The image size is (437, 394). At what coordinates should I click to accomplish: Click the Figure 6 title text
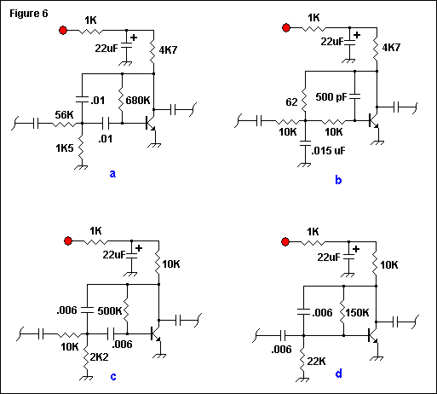[x=29, y=14]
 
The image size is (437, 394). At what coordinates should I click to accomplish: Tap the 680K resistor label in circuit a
[x=138, y=101]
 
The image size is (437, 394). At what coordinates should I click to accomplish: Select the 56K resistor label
[x=64, y=115]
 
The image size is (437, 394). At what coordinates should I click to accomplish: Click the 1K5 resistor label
[x=65, y=148]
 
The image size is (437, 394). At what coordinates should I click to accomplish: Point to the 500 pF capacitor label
[x=331, y=97]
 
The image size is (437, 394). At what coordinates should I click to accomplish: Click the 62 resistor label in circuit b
[x=291, y=102]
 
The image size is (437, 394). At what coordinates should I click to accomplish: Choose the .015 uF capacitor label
[x=328, y=151]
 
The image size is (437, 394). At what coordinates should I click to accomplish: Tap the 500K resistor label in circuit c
[x=110, y=311]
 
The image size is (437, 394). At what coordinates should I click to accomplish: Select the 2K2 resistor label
[x=99, y=357]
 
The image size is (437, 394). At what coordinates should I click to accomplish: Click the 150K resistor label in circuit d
[x=357, y=313]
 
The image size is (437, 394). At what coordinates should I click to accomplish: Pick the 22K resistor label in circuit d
[x=316, y=362]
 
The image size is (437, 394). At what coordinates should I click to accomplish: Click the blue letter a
[x=112, y=174]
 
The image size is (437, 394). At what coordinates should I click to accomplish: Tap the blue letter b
[x=338, y=180]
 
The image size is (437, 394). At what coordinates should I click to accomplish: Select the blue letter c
[x=113, y=377]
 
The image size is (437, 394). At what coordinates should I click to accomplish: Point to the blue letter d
[x=338, y=374]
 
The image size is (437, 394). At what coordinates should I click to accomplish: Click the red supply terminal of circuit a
[x=63, y=30]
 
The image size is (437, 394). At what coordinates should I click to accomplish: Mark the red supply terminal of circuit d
[x=285, y=242]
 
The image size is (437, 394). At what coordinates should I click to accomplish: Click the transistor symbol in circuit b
[x=373, y=121]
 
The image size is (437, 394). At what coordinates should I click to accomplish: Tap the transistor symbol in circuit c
[x=155, y=333]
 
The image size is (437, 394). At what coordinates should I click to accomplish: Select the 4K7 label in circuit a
[x=168, y=50]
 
